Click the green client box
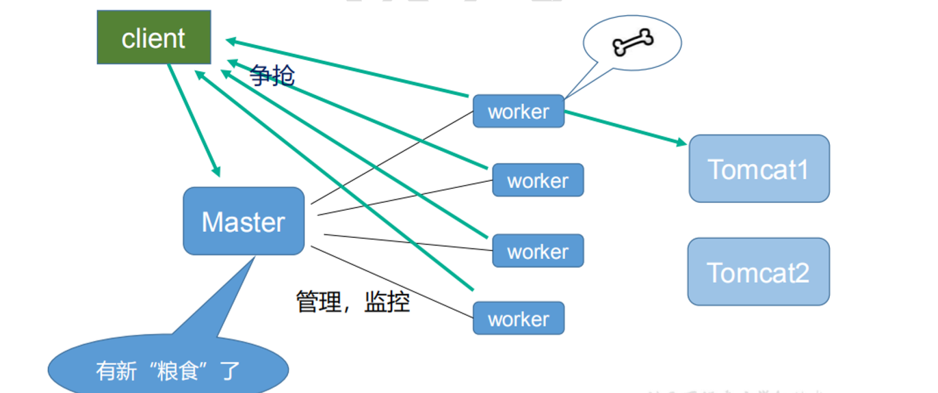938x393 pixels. (153, 38)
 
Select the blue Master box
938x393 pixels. (244, 221)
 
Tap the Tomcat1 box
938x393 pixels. (759, 169)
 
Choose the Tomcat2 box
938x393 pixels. (758, 272)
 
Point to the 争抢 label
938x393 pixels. (272, 75)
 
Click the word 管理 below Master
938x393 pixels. (318, 301)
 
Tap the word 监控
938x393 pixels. (387, 301)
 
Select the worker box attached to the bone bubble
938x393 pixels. (518, 111)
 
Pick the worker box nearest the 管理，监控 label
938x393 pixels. (518, 319)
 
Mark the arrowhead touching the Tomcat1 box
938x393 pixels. (681, 142)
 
